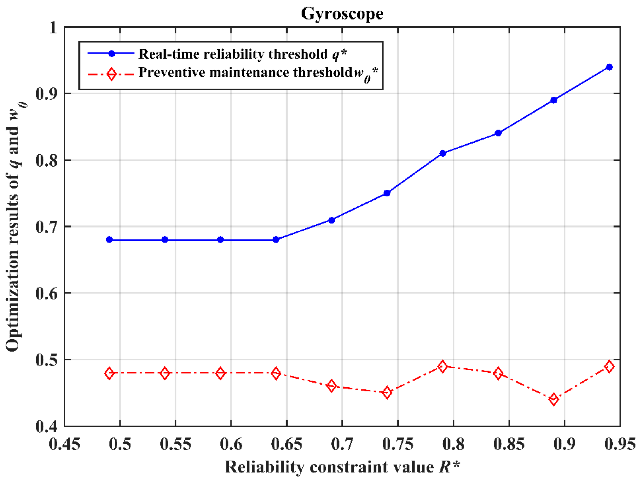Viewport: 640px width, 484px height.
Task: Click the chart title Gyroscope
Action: [342, 14]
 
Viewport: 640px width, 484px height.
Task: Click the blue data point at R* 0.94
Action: [609, 67]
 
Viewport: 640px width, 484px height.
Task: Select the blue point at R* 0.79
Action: [443, 154]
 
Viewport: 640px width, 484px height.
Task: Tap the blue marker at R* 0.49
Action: [109, 240]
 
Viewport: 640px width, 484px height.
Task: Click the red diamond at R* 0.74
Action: [387, 393]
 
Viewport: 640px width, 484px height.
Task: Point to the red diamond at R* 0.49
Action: [109, 374]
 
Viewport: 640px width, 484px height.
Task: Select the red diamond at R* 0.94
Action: [609, 367]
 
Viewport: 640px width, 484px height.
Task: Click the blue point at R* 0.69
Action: [331, 220]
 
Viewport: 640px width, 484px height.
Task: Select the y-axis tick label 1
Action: [53, 28]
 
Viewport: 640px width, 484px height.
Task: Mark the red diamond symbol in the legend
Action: [111, 74]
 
